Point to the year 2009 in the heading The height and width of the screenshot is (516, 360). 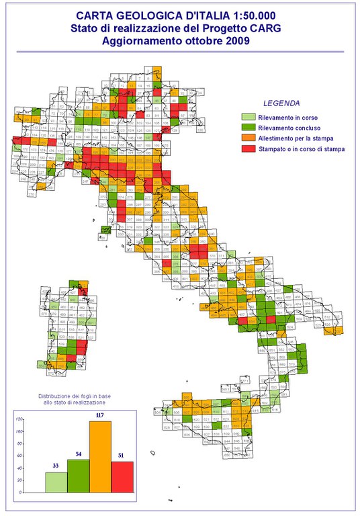[235, 40]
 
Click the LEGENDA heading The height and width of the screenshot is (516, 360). [281, 103]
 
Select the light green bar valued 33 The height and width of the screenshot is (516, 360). [56, 482]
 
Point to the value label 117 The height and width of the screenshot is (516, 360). [102, 416]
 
